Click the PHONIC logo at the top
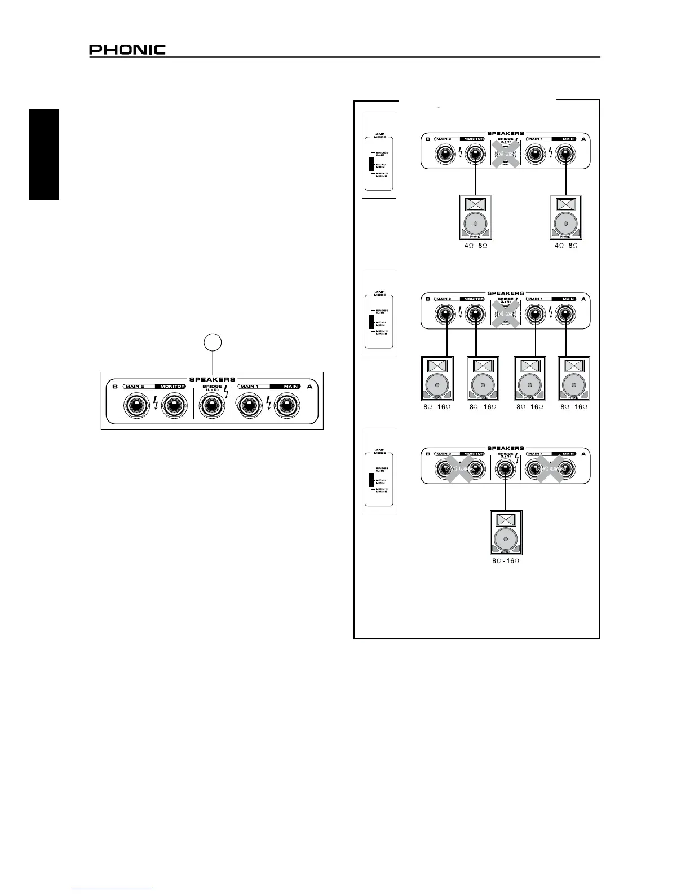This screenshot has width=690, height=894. [x=127, y=50]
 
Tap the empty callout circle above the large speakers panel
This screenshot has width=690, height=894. [x=213, y=342]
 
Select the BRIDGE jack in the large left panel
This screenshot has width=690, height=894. [x=212, y=405]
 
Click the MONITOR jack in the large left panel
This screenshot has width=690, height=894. [x=173, y=405]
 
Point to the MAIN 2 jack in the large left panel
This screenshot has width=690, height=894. [x=135, y=405]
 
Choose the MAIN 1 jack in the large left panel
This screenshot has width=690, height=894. [x=248, y=405]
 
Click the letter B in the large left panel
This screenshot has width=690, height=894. [x=115, y=387]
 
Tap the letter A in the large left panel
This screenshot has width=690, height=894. [x=309, y=387]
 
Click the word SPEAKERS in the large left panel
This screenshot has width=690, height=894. [x=212, y=379]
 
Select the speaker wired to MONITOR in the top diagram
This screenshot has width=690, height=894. [x=476, y=217]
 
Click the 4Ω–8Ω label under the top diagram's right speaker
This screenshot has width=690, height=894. [x=566, y=246]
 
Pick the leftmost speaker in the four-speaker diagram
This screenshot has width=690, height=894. [x=437, y=378]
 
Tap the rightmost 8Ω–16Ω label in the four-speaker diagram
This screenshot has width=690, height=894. [x=573, y=406]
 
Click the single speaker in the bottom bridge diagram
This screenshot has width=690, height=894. [x=506, y=532]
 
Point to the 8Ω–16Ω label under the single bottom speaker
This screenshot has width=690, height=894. [x=506, y=561]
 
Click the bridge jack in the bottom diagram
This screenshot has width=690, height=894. [x=506, y=468]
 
